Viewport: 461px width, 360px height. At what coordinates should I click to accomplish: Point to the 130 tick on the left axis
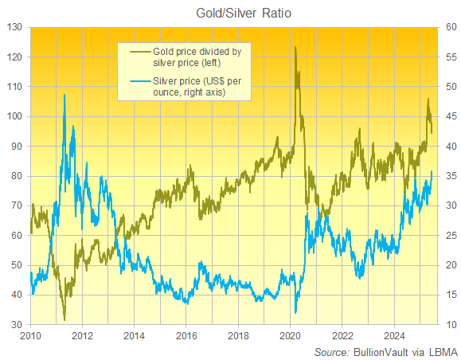point(14,27)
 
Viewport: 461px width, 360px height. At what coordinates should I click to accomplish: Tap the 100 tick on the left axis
point(14,116)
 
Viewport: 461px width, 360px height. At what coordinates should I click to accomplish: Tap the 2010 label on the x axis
point(30,337)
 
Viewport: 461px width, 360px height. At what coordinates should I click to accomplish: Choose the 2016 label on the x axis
point(186,337)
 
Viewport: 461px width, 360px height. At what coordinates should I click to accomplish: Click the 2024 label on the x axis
point(394,337)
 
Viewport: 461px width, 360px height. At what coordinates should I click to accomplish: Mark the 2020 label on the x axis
point(290,337)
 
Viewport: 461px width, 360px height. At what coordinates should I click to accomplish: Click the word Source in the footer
point(330,351)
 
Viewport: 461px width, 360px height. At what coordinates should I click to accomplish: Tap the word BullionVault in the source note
point(381,351)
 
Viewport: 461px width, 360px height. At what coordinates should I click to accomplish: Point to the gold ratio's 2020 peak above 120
point(295,48)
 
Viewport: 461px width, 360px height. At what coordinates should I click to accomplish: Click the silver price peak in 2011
point(64,95)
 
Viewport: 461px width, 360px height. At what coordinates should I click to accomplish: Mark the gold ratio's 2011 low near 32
point(64,319)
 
